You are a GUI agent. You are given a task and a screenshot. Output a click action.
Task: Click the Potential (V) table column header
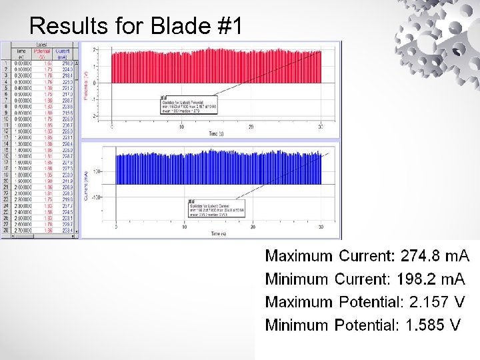click(42, 53)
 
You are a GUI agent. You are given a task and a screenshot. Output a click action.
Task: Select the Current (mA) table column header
click(63, 53)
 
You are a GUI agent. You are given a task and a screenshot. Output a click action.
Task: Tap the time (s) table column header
click(21, 53)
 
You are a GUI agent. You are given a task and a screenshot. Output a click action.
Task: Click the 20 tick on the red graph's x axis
click(251, 127)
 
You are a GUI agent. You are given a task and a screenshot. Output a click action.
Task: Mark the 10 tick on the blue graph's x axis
click(185, 227)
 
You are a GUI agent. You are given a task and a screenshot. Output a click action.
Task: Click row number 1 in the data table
click(5, 63)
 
